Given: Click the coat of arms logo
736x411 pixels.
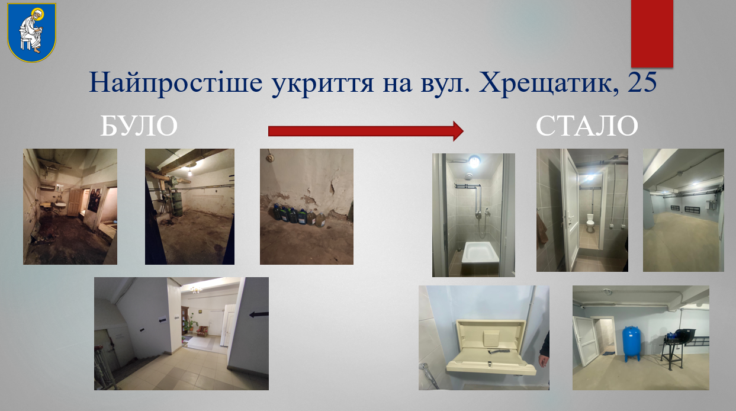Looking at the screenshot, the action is (x=32, y=32).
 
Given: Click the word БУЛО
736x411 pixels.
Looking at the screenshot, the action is (x=139, y=126).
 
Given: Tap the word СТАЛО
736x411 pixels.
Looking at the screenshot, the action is (x=587, y=126).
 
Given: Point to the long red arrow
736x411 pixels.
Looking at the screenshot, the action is (x=366, y=131).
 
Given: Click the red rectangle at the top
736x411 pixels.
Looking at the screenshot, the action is (x=652, y=34).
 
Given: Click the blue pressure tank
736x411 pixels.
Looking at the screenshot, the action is (x=631, y=343).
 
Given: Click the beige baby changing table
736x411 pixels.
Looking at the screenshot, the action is (x=490, y=346).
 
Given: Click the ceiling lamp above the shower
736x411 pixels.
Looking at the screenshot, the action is (x=474, y=162).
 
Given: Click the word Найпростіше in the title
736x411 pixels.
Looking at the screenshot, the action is (x=176, y=83).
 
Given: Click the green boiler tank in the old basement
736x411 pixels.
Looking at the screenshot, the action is (x=178, y=200).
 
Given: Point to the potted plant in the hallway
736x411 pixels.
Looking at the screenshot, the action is (x=190, y=324).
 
